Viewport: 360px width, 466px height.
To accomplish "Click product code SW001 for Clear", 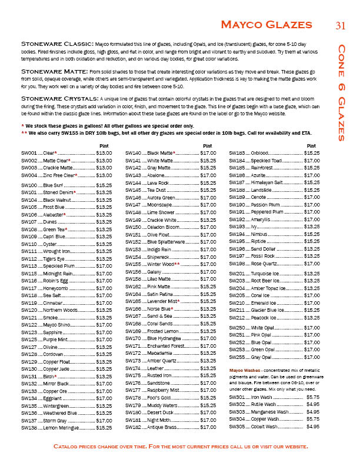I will point(28,152).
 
